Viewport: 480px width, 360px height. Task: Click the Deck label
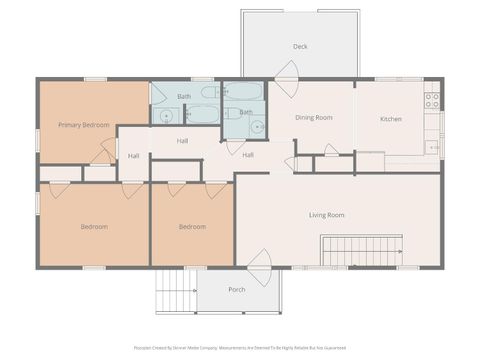pos(300,47)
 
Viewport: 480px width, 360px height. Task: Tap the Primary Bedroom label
pos(83,125)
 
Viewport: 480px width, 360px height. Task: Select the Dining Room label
pos(313,118)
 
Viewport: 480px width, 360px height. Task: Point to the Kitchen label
pos(391,119)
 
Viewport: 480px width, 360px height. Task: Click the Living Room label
pos(326,215)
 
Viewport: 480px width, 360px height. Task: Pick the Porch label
pos(237,290)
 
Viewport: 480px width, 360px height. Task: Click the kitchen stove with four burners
pos(432,101)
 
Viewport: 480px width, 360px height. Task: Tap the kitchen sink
pos(432,146)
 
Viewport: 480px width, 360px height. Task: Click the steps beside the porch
pos(175,293)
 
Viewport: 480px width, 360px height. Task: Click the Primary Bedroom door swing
pos(104,153)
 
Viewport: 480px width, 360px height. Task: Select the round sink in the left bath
pos(166,116)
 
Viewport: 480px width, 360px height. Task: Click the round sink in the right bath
pos(257,127)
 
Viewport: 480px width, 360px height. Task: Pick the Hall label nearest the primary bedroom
pos(134,156)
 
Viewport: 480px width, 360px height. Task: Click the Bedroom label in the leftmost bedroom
pos(94,227)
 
